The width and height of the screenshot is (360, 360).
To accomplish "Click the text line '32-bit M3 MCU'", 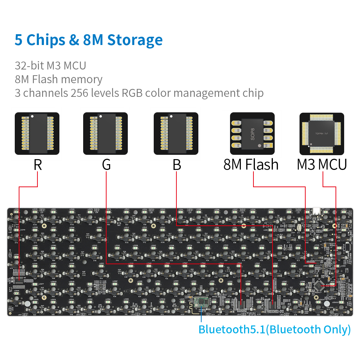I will pyautogui.click(x=50, y=66).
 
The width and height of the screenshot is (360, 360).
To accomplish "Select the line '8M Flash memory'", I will pyautogui.click(x=58, y=79).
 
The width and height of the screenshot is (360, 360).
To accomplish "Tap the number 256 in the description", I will pyautogui.click(x=81, y=93).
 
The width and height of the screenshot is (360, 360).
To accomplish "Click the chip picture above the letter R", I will pyautogui.click(x=37, y=134).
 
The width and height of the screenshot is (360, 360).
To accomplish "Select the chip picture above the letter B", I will pyautogui.click(x=176, y=134).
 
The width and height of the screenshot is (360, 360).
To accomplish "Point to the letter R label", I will pyautogui.click(x=37, y=165).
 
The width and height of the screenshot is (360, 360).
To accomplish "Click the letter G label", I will pyautogui.click(x=106, y=165).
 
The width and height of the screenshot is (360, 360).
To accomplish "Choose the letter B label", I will pyautogui.click(x=176, y=165).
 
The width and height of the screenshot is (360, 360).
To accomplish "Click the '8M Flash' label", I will pyautogui.click(x=251, y=165).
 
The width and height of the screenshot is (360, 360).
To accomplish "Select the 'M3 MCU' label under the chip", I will pyautogui.click(x=322, y=165).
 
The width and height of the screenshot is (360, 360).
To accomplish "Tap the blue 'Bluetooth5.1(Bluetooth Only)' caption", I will pyautogui.click(x=274, y=329).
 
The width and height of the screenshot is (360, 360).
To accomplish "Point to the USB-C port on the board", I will pyautogui.click(x=317, y=211).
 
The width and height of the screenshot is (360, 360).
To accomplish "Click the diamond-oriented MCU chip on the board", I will pyautogui.click(x=320, y=286).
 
